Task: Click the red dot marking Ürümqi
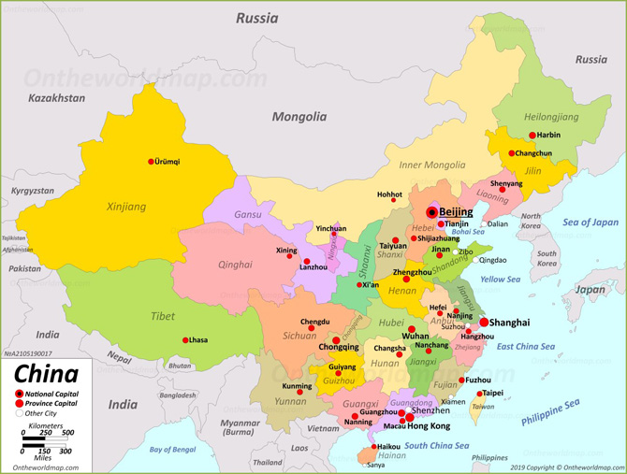point(151,162)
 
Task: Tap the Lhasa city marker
point(185,340)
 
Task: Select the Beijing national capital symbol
point(431,212)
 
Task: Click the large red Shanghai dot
point(483,323)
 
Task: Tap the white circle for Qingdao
point(475,260)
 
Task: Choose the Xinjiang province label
point(126,207)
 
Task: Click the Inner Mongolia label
point(431,165)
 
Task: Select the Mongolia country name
point(299,117)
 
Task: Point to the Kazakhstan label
point(56,98)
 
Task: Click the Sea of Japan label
point(591,223)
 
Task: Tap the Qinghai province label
point(235,265)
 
